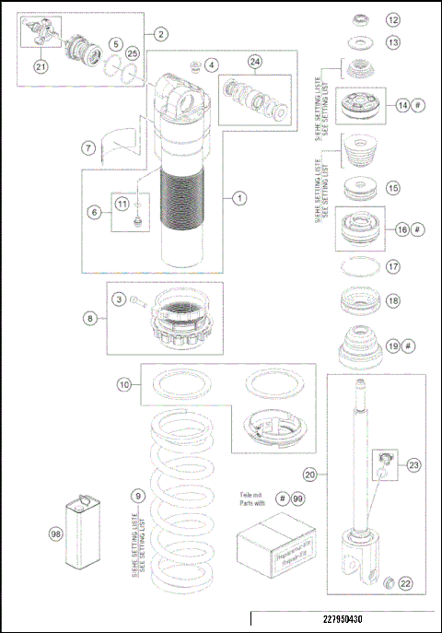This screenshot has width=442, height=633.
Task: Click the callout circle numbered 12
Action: pyautogui.click(x=393, y=19)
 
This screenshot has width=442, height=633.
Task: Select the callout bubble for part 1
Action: pyautogui.click(x=238, y=197)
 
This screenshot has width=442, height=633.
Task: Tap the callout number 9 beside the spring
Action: pyautogui.click(x=136, y=497)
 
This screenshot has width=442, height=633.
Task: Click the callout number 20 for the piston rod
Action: pyautogui.click(x=310, y=474)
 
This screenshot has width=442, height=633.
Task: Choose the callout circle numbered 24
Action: pyautogui.click(x=254, y=63)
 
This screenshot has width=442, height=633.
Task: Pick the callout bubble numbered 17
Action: pyautogui.click(x=393, y=267)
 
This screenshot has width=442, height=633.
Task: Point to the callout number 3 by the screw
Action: pyautogui.click(x=119, y=299)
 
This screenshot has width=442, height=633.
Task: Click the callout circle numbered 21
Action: pyautogui.click(x=40, y=65)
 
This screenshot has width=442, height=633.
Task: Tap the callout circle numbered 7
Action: pyautogui.click(x=87, y=147)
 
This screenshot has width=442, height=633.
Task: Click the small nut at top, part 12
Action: pyautogui.click(x=355, y=18)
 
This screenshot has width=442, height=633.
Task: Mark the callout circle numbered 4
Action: pyautogui.click(x=213, y=65)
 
